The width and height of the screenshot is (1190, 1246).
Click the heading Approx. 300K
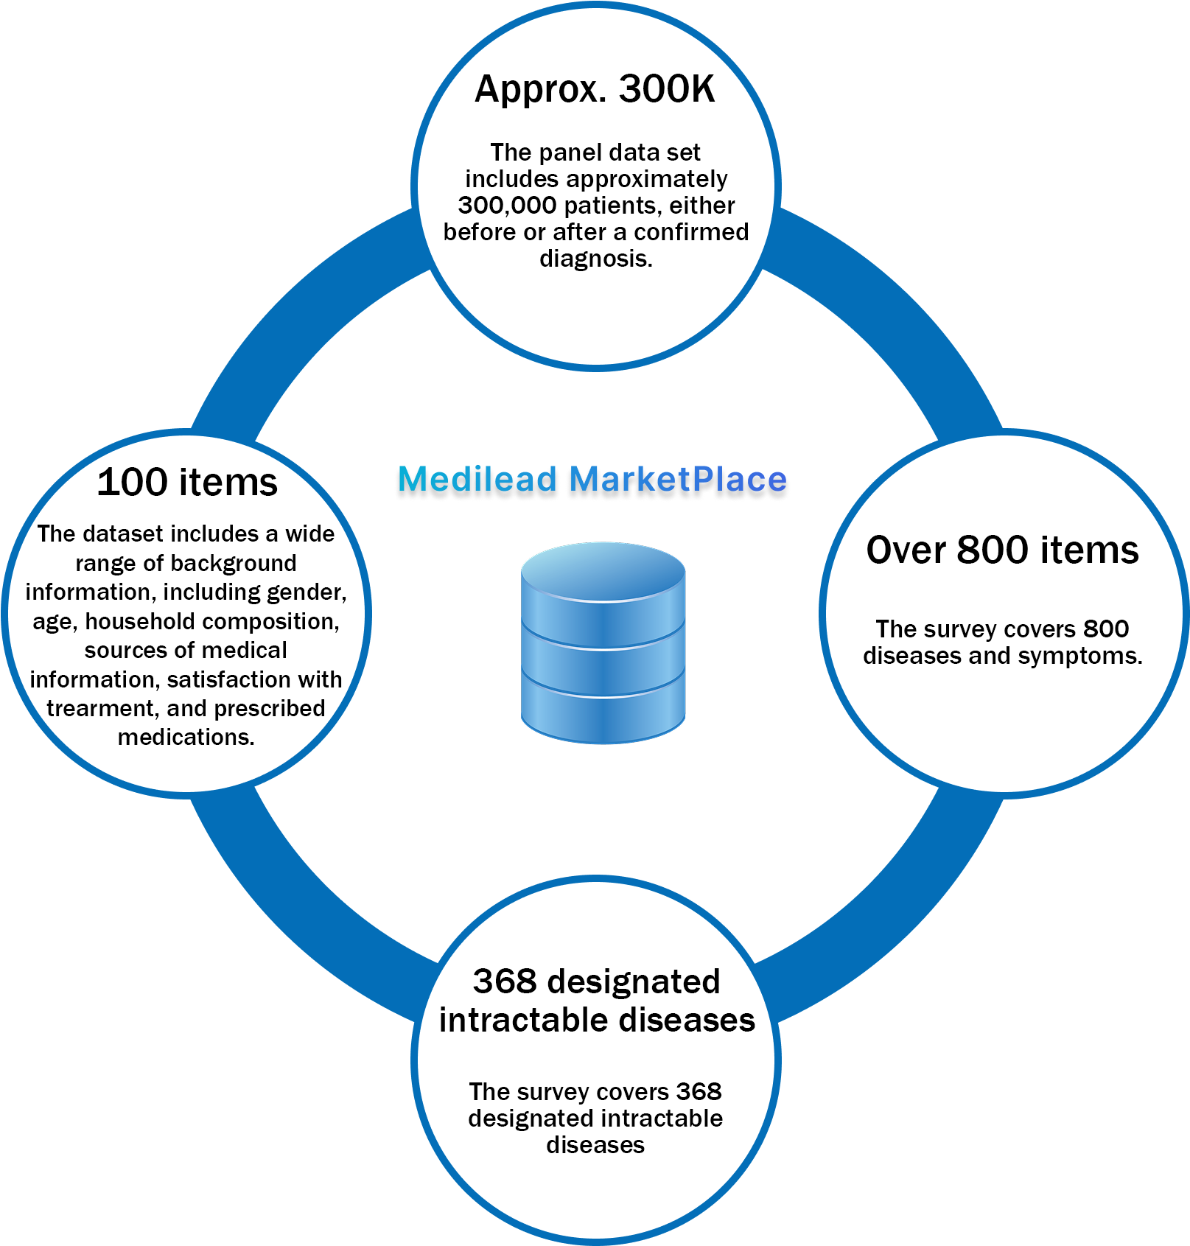pos(595,90)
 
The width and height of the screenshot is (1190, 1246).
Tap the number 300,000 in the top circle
pos(507,205)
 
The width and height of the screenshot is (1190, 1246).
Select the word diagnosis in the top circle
pos(596,259)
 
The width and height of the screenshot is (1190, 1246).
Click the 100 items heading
pos(187,482)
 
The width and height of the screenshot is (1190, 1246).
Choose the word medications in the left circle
pos(186,737)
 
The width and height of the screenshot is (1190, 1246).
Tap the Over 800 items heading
pos(1003,550)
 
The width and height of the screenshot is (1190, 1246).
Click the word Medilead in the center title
pos(477,479)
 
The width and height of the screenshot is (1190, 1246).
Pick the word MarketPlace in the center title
pos(679,479)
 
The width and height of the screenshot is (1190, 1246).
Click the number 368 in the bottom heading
pos(505,981)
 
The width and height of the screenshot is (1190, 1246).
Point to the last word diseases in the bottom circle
pos(595,1145)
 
